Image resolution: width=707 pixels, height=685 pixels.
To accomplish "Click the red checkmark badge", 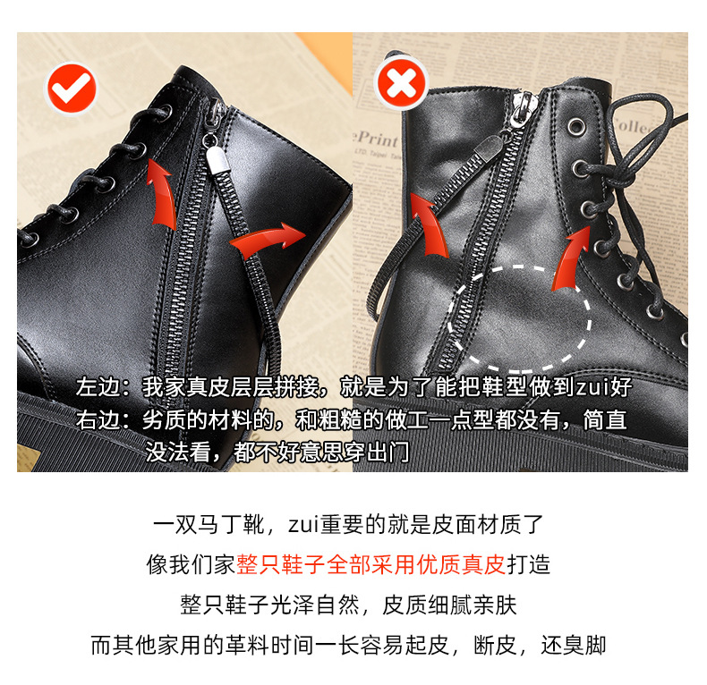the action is click(x=72, y=89).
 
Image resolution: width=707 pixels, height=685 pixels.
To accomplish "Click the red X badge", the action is click(x=401, y=83).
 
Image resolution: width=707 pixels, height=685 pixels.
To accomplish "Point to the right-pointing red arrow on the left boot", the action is click(x=269, y=238).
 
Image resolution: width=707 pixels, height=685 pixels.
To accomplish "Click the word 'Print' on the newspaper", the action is click(x=378, y=140).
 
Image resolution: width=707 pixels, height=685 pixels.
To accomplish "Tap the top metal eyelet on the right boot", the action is click(x=575, y=127).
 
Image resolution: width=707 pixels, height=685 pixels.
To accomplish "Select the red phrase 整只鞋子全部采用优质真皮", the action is click(x=371, y=564).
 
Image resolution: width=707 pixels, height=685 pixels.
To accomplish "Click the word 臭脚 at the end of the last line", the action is click(x=584, y=645).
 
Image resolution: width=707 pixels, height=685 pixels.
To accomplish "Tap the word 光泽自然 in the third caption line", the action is click(x=314, y=605).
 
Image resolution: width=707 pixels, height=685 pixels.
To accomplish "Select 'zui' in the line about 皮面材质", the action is click(x=303, y=525).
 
